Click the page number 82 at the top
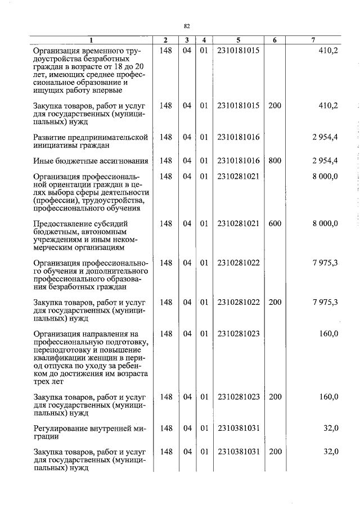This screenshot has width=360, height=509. click(x=187, y=26)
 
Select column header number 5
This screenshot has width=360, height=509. click(x=238, y=40)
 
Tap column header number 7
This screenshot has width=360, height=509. click(x=313, y=40)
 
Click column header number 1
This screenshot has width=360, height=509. click(x=92, y=40)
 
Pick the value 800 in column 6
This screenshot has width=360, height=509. click(x=274, y=161)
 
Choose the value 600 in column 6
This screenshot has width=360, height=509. click(x=274, y=223)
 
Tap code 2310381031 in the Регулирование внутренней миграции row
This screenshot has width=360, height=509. click(x=238, y=428)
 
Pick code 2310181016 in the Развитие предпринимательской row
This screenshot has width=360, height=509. click(x=238, y=137)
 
